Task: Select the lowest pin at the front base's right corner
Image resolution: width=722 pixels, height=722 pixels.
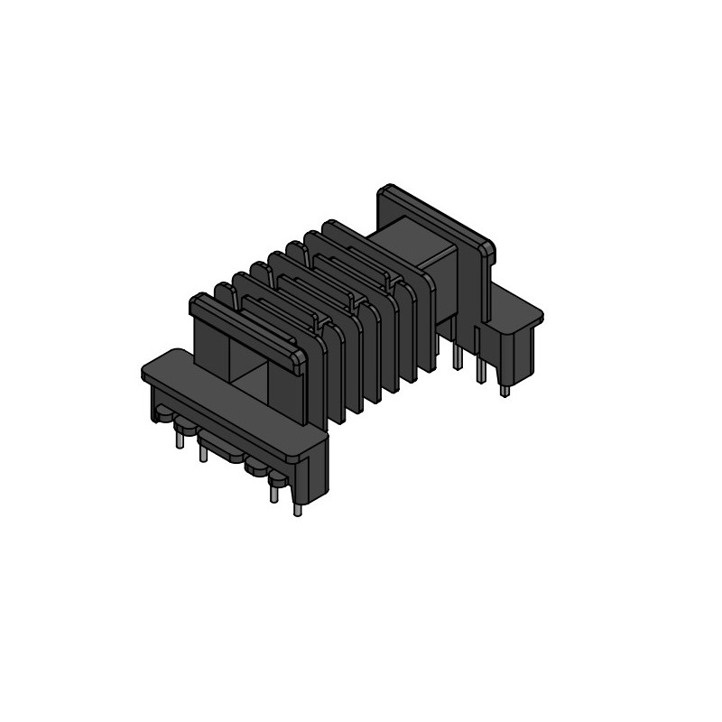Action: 298,507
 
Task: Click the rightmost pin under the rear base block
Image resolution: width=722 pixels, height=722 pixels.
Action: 504,390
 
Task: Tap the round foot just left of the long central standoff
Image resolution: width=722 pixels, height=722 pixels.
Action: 186,423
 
